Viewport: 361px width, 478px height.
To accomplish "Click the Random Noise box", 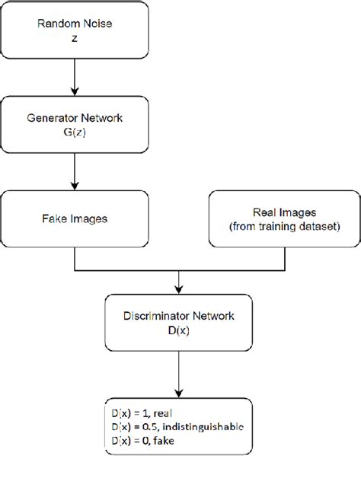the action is tap(75, 30).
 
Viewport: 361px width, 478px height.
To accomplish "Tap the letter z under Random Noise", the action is tap(75, 39).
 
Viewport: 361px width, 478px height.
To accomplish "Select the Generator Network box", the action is tap(75, 124).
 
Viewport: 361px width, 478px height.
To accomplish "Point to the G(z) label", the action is tap(75, 132).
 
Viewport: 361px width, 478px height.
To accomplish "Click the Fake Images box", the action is tap(75, 219).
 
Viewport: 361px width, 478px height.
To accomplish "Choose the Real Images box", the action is tap(284, 219).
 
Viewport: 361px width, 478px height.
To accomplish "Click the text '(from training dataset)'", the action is tap(284, 227).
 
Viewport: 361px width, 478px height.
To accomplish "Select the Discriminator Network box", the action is tap(178, 323).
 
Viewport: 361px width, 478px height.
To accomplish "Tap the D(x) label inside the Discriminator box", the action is tap(178, 330).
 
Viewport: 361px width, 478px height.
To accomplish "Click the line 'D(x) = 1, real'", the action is tap(142, 413).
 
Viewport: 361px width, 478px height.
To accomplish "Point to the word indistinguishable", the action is tap(203, 427).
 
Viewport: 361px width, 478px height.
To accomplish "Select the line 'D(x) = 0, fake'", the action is tap(143, 441).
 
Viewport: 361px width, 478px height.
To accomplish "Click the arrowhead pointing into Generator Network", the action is tap(75, 91).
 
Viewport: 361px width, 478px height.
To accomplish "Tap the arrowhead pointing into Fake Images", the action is tap(75, 186).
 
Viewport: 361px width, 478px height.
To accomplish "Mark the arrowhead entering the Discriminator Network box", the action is tap(178, 289).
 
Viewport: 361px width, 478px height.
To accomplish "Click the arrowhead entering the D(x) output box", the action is tap(178, 394).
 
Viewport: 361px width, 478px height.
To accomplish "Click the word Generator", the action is tap(53, 118).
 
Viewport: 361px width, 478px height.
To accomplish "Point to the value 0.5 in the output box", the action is tap(149, 427).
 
